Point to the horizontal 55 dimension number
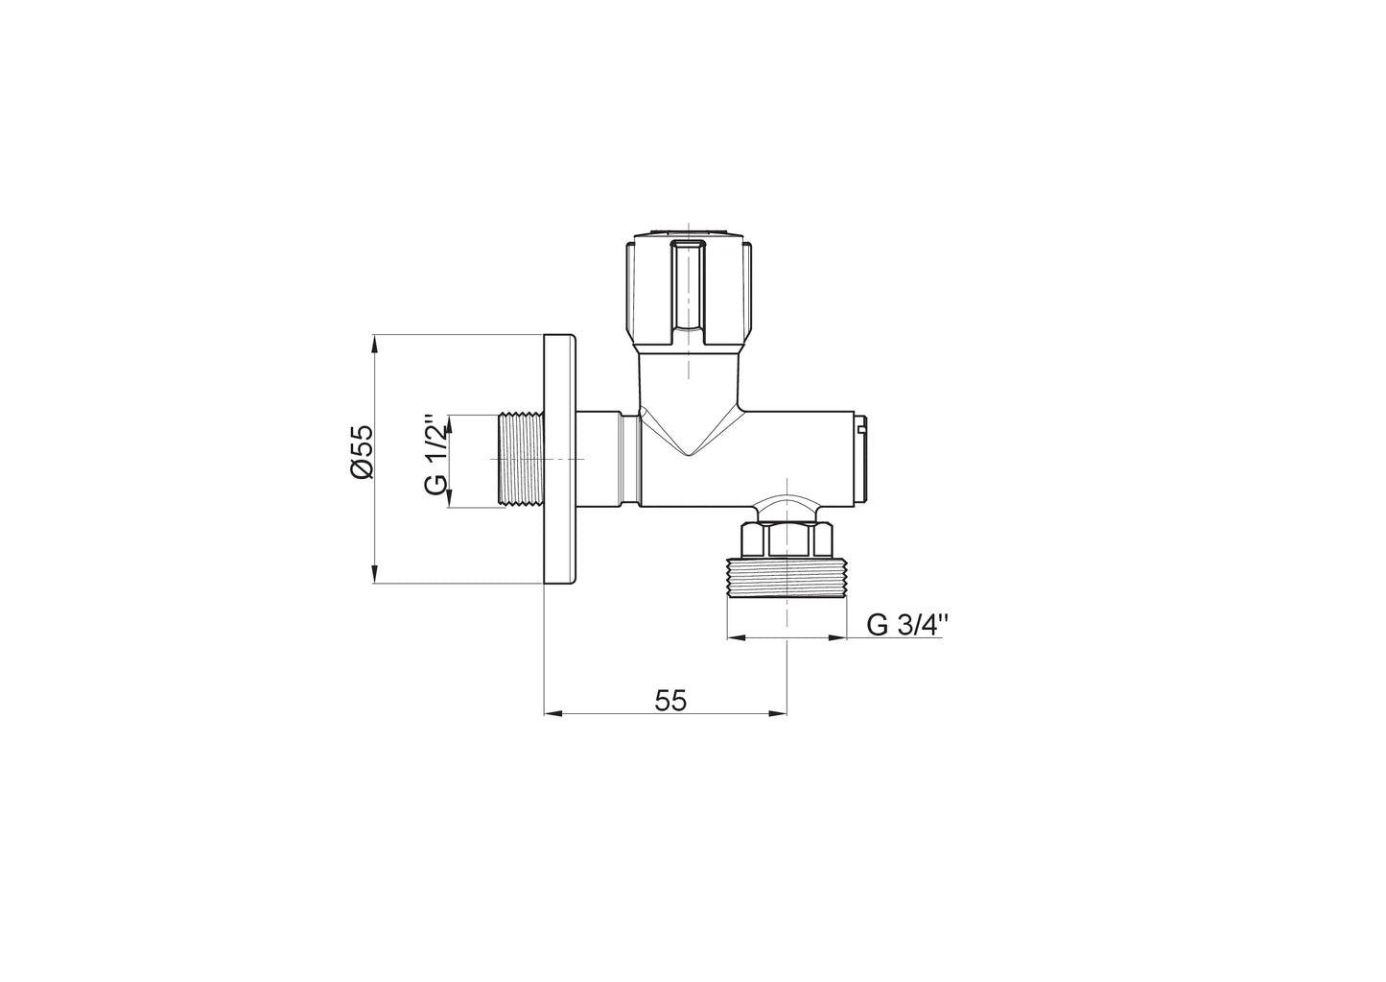670,701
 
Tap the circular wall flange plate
560,459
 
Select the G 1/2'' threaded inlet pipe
521,460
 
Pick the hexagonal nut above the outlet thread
786,539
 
